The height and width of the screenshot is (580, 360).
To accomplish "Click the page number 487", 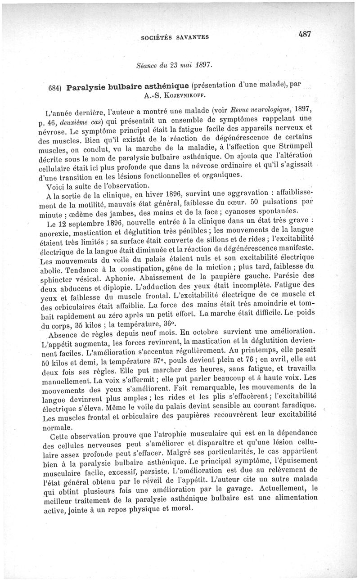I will [304, 35].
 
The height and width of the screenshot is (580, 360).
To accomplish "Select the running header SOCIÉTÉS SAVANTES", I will [175, 38].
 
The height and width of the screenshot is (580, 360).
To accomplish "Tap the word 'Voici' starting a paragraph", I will [56, 185].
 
